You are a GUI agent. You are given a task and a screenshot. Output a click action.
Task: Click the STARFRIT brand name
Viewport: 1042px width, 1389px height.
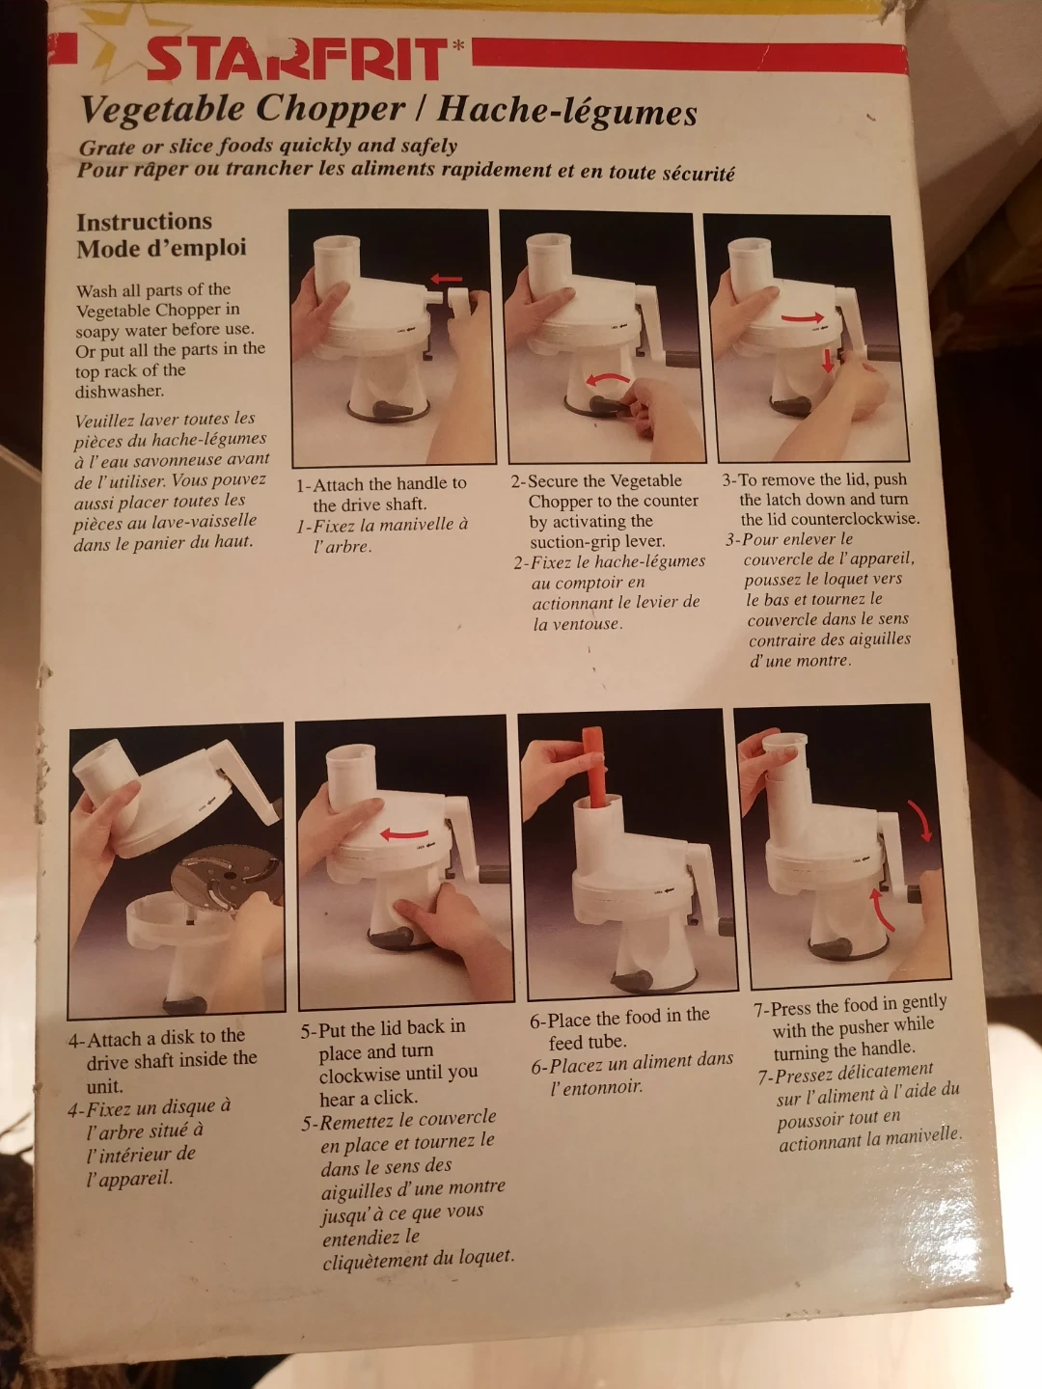(297, 59)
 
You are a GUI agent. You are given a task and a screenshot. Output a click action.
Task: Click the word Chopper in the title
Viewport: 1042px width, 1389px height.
(330, 109)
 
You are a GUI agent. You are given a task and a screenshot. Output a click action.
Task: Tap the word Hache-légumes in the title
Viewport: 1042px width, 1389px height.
(567, 111)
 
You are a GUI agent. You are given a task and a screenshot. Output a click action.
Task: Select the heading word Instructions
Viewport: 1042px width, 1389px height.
(145, 222)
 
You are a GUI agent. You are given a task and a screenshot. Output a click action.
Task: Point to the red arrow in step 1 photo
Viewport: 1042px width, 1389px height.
(446, 279)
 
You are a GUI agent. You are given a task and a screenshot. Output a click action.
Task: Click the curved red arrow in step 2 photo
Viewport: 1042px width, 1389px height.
(608, 378)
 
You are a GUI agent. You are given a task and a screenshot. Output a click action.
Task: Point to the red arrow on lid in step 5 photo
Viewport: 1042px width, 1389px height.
(404, 834)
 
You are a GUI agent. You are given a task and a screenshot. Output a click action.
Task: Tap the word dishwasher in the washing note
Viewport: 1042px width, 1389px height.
(120, 391)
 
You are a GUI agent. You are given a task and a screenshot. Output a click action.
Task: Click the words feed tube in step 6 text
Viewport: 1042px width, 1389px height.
(588, 1042)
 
